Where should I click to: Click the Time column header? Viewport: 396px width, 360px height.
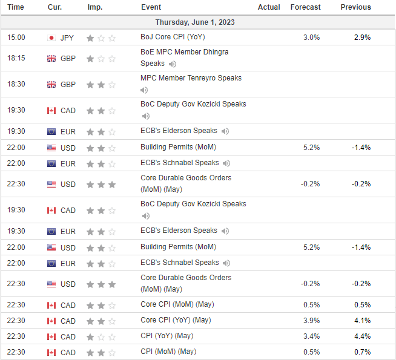16,7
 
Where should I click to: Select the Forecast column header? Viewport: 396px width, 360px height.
305,7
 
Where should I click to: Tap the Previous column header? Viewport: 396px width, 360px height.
355,7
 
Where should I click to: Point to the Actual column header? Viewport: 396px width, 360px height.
269,7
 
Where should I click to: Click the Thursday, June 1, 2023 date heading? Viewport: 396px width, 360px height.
195,22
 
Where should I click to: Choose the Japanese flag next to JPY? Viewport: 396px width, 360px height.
51,38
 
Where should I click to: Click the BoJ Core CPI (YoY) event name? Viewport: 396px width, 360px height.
173,37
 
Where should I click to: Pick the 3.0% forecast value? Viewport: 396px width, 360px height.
312,38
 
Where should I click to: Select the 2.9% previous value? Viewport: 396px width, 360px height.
363,38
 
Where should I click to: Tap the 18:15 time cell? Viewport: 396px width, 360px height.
16,58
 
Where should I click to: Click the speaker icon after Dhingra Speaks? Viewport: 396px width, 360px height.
173,64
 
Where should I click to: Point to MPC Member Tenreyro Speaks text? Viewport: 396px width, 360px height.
191,78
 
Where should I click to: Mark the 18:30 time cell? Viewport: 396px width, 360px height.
16,84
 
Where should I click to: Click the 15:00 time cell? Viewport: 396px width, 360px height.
16,38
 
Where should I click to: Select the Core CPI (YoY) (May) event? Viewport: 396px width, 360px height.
176,320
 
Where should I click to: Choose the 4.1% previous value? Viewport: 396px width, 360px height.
363,321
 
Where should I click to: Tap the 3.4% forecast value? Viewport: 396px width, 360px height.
312,336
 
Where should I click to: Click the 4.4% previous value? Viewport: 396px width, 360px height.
363,336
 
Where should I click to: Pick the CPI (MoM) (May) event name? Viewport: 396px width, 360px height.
168,352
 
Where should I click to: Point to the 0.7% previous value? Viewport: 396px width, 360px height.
363,352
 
